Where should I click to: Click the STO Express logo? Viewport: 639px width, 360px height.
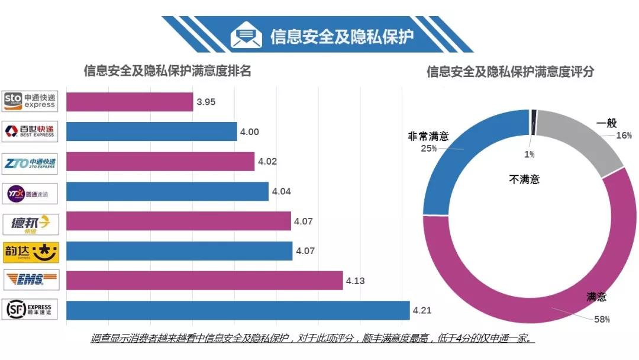[x=30, y=101]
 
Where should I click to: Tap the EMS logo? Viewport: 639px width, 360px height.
[x=30, y=279]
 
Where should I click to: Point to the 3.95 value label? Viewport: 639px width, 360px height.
[x=206, y=102]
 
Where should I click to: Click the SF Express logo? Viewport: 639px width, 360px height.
[x=30, y=310]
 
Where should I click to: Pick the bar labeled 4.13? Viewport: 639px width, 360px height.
[x=204, y=281]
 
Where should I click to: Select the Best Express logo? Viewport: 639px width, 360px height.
[x=30, y=131]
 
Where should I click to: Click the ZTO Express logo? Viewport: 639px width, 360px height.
[x=30, y=162]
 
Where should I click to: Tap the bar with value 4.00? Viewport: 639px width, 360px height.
[x=151, y=131]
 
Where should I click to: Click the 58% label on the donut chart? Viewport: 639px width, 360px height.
[x=602, y=319]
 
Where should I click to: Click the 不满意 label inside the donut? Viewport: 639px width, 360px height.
[x=524, y=179]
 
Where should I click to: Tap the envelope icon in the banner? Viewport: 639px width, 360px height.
[x=246, y=36]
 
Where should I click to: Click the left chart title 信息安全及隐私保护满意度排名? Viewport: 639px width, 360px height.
[x=167, y=71]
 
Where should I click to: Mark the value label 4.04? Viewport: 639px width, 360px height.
[x=281, y=191]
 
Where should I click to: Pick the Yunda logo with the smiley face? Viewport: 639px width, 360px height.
[x=30, y=250]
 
